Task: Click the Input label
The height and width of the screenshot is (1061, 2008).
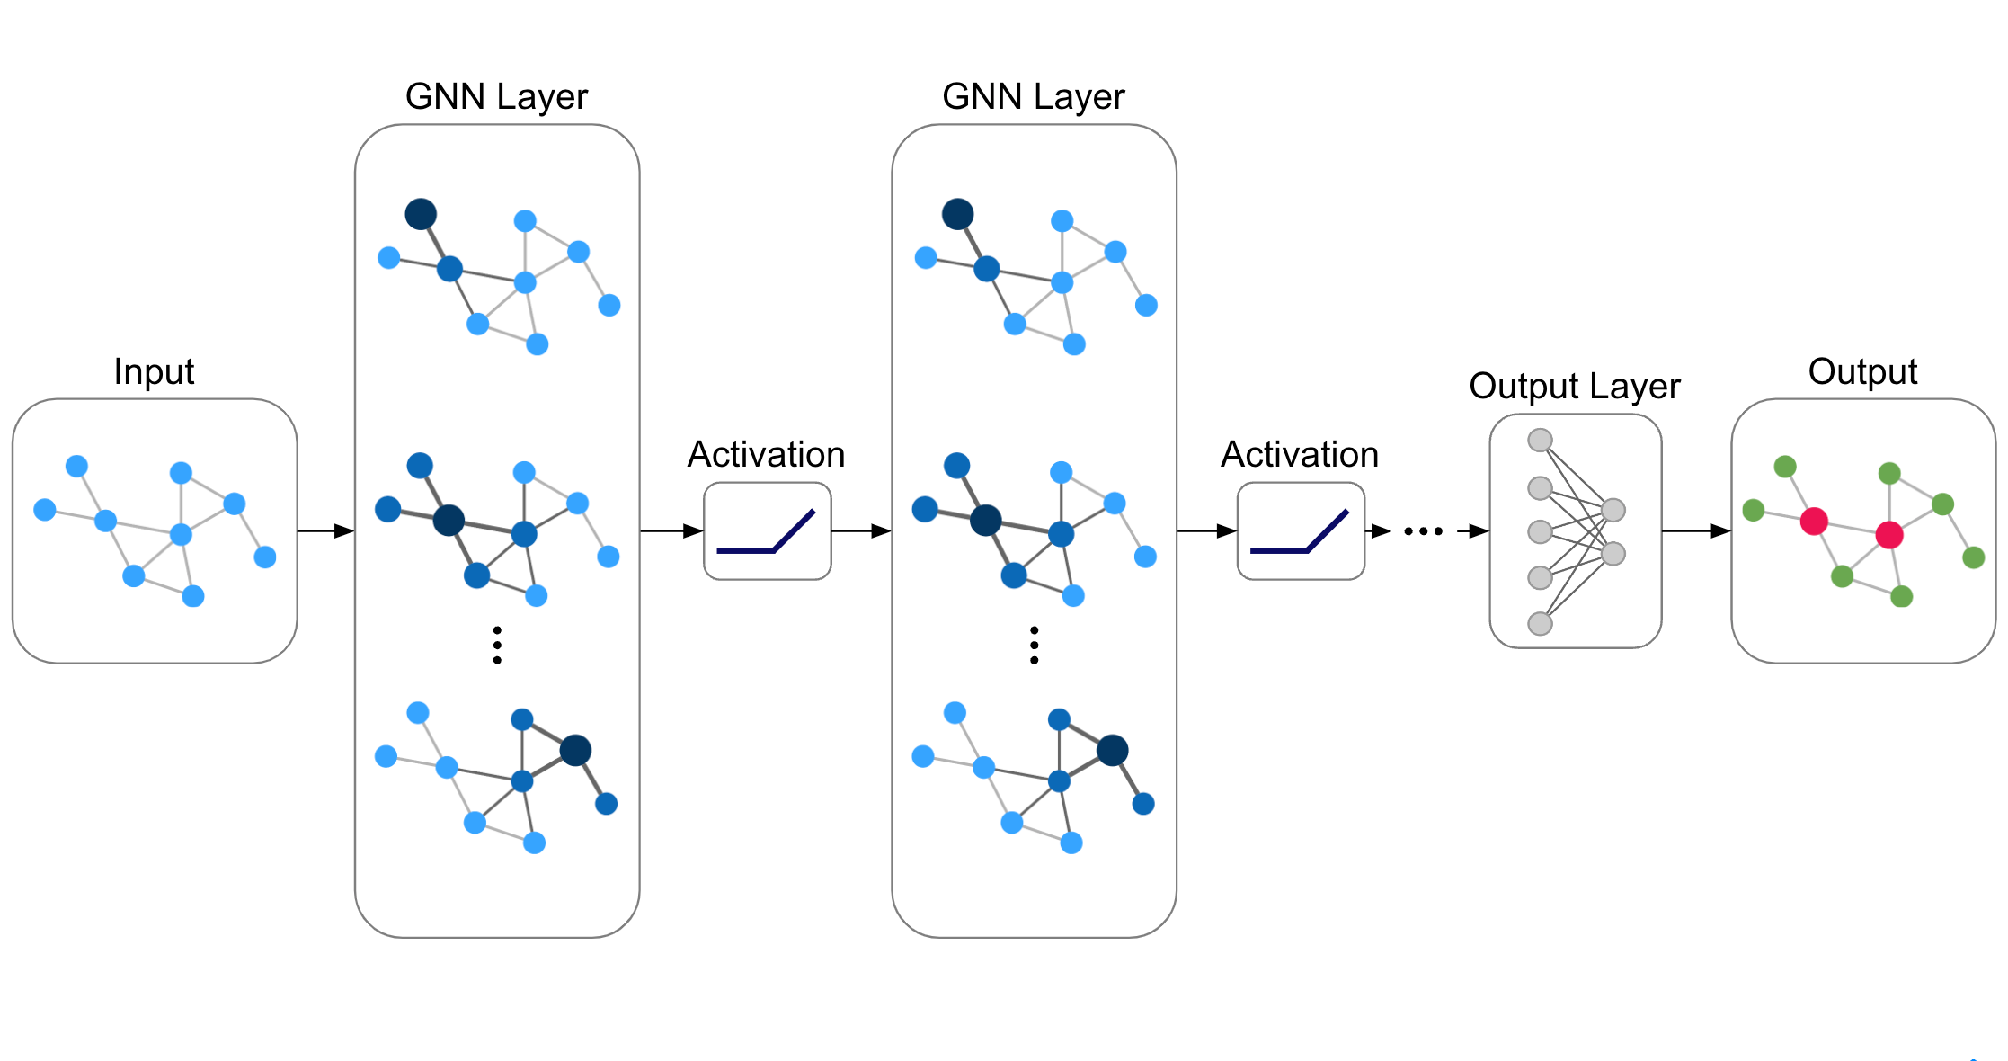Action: tap(154, 371)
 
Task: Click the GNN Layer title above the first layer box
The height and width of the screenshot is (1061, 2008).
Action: tap(496, 96)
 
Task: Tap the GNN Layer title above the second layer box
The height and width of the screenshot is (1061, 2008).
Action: tap(1034, 96)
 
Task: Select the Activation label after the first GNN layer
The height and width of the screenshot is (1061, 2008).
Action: tap(766, 454)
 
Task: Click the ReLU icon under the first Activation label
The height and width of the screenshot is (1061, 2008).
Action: tap(767, 531)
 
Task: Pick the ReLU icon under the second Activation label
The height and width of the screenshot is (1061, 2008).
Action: tap(1301, 531)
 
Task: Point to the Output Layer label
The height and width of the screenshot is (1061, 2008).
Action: tap(1575, 386)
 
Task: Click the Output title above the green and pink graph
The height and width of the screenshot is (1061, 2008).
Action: tap(1862, 371)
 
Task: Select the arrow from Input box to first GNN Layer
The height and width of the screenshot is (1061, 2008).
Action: tap(325, 531)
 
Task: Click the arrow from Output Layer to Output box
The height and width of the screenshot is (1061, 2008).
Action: tap(1696, 531)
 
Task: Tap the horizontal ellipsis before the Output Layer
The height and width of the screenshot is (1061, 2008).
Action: tap(1424, 531)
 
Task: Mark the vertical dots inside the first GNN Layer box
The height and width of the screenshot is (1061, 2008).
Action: tap(497, 646)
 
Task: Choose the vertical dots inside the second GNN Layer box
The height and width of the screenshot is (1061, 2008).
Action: tap(1035, 646)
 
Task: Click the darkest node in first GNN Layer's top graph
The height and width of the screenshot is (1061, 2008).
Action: tap(421, 214)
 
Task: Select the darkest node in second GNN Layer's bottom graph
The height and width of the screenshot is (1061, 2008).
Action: tap(1112, 750)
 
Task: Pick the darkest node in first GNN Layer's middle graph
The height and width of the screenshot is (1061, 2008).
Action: tap(449, 520)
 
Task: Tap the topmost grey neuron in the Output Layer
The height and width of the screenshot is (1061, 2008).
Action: tap(1541, 440)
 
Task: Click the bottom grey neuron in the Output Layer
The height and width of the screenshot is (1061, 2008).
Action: tap(1541, 623)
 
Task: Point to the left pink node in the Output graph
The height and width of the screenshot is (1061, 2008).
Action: tap(1814, 521)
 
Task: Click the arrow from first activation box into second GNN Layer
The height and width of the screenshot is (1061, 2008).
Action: tap(861, 531)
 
